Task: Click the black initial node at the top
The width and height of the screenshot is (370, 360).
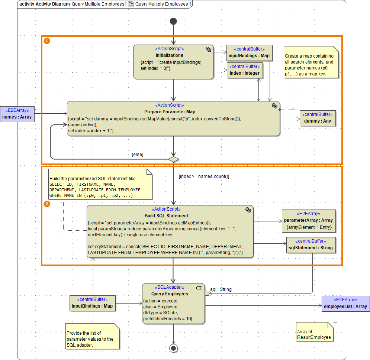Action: click(x=173, y=21)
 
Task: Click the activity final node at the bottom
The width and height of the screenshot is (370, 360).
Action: click(x=173, y=348)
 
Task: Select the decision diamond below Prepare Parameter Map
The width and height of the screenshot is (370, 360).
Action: click(x=173, y=159)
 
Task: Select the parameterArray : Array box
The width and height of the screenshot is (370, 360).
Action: click(x=309, y=221)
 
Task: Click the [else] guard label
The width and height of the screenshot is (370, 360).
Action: click(x=137, y=154)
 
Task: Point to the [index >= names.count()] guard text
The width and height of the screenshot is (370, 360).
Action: click(x=204, y=176)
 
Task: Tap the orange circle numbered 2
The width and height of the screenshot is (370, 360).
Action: click(x=47, y=204)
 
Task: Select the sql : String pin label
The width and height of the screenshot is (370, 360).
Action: click(x=221, y=289)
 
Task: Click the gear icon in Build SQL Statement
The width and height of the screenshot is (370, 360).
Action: click(x=248, y=210)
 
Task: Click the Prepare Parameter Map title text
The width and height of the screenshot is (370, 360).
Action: click(x=170, y=112)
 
